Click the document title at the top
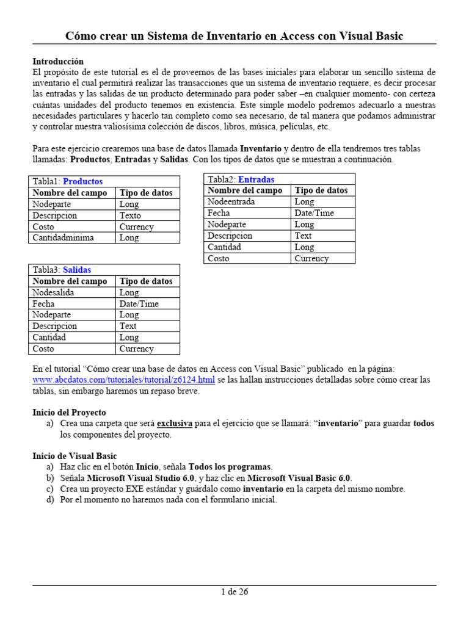[x=234, y=36]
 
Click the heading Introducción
[x=58, y=62]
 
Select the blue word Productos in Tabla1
[x=82, y=181]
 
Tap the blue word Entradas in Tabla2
[x=256, y=179]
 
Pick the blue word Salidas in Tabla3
[x=77, y=270]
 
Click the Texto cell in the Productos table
[x=130, y=215]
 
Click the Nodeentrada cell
[x=231, y=201]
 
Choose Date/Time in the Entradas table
[x=314, y=213]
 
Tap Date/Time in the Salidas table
[x=139, y=303]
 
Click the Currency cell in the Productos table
[x=136, y=226]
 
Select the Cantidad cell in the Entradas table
[x=224, y=247]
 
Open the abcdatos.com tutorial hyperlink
[x=123, y=380]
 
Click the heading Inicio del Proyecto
[x=69, y=413]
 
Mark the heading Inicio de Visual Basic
[x=75, y=456]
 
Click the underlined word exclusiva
[x=175, y=424]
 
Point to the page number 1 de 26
[x=234, y=591]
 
